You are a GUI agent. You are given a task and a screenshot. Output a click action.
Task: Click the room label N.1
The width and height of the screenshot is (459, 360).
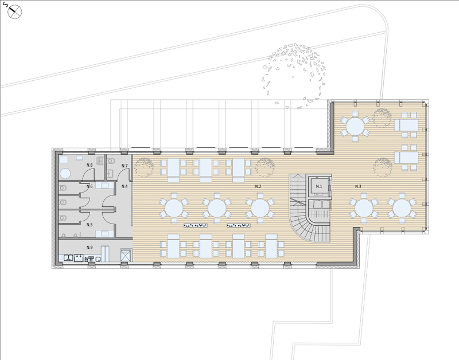coord(319,186)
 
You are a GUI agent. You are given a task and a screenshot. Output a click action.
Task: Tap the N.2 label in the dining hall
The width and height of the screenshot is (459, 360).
coord(258,186)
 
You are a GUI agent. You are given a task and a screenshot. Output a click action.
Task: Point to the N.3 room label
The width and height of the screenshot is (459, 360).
coord(358,186)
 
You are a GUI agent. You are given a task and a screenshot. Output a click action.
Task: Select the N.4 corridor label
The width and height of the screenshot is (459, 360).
coord(125,186)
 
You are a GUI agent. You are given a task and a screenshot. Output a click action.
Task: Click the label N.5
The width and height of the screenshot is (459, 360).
coord(90,225)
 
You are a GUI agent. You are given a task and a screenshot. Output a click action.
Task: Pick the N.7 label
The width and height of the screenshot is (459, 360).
coord(125,166)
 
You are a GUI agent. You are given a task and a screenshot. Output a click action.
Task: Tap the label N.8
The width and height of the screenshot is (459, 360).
coord(90,165)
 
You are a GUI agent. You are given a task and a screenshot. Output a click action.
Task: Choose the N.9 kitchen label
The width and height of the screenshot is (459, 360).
coord(90,248)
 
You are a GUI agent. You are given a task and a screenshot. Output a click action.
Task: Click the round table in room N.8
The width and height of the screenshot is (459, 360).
coord(65,174)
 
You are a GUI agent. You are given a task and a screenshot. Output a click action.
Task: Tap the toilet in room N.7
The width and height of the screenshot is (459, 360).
coord(111,161)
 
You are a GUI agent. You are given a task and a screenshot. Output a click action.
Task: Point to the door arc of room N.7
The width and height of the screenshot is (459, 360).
coord(123,174)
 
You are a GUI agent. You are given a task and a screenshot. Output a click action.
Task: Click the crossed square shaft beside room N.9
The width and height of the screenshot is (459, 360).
coord(126,256)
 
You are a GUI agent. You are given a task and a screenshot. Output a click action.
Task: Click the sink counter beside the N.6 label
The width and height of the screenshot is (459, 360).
coord(104,185)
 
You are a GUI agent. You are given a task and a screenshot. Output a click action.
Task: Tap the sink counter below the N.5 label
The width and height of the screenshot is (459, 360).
coord(104,234)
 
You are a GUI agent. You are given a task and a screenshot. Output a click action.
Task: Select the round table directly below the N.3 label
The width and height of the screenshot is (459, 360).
coord(364,208)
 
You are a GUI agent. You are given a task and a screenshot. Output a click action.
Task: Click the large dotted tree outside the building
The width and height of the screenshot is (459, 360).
coord(294,76)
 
